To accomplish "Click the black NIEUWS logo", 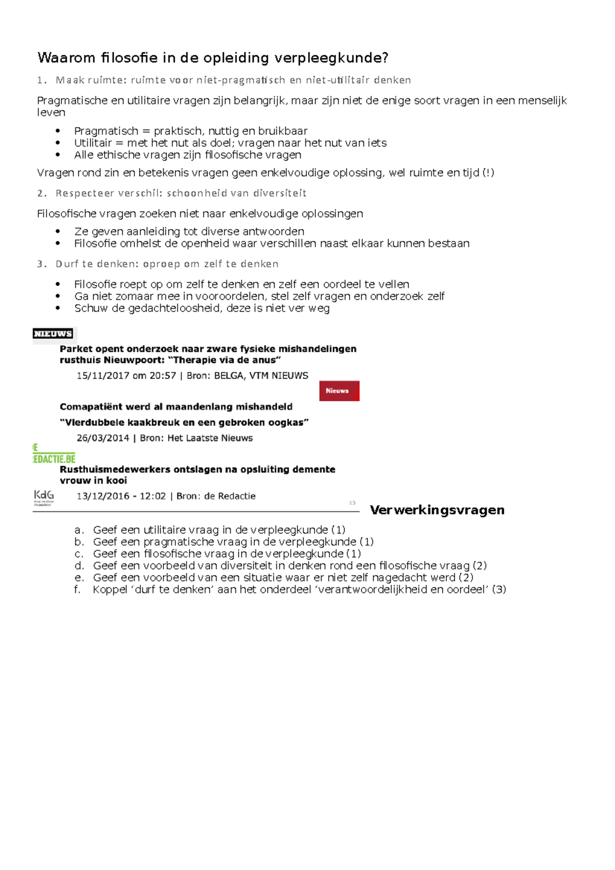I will point(53,334).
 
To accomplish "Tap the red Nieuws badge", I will point(339,391).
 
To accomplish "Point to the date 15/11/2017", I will point(102,376).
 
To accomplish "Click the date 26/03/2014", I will point(102,438).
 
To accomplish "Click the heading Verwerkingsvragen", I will point(437,510).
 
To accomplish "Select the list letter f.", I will point(77,589).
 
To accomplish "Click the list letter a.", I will point(78,530).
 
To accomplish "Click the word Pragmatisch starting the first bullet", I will point(106,131).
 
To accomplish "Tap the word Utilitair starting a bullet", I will point(93,143).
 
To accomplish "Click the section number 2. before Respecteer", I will point(42,193).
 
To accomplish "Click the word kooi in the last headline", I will point(116,481).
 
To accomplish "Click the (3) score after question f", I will point(499,589).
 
